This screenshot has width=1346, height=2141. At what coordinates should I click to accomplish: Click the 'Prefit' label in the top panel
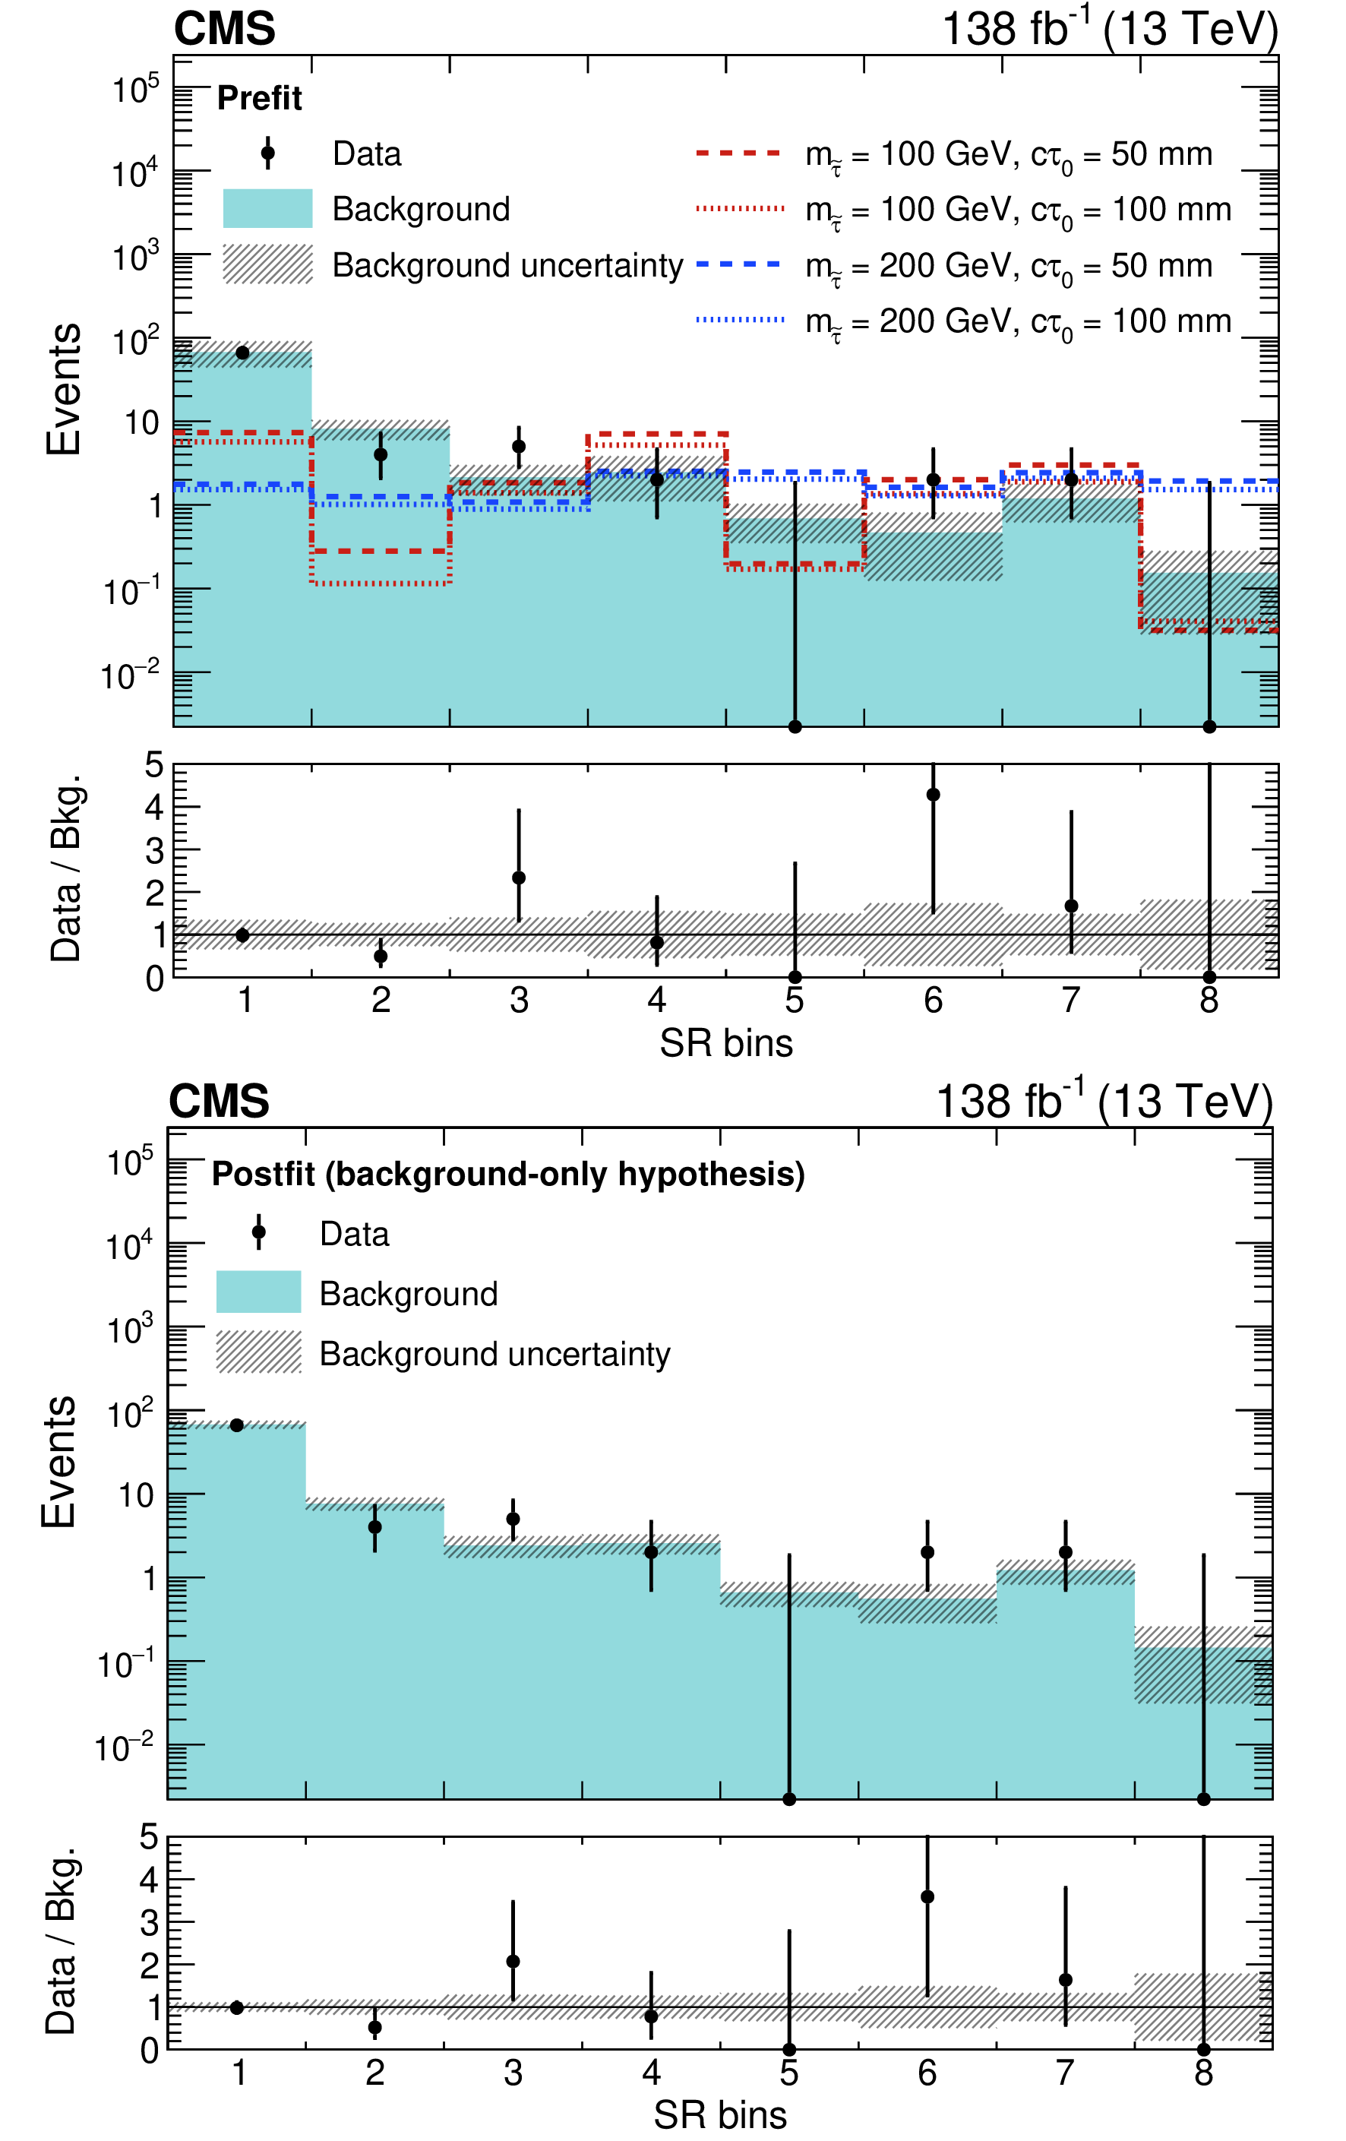coord(259,98)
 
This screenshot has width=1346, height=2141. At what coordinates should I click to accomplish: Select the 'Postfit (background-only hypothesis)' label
coord(507,1175)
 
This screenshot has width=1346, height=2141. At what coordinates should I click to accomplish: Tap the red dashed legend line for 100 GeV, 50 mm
coord(739,153)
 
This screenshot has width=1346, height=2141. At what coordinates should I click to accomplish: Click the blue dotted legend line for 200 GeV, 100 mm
coord(739,320)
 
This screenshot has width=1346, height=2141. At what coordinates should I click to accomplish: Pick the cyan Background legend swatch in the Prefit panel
coord(267,209)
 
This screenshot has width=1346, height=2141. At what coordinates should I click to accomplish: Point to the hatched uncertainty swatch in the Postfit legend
coord(259,1352)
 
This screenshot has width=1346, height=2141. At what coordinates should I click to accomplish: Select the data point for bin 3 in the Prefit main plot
coord(520,446)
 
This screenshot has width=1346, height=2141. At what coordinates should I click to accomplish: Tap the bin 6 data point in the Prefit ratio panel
coord(933,795)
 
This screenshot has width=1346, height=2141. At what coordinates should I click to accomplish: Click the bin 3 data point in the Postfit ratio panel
coord(513,1962)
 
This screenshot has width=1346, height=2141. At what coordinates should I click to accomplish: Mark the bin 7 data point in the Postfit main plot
coord(1065,1552)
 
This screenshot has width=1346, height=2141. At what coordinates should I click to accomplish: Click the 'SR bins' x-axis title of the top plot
coord(725,1043)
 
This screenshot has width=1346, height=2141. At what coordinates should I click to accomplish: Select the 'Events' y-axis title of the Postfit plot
coord(59,1462)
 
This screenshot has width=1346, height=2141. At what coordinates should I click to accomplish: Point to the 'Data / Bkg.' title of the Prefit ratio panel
coord(66,868)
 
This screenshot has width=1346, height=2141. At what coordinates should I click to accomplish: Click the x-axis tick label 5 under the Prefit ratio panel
coord(794,1001)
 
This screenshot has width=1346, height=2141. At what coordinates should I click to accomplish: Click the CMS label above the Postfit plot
coord(219,1102)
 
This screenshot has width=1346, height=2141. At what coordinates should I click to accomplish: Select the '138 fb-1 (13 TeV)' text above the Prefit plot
coord(1109,30)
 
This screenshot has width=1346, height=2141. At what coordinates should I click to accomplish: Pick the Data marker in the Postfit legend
coord(259,1232)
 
